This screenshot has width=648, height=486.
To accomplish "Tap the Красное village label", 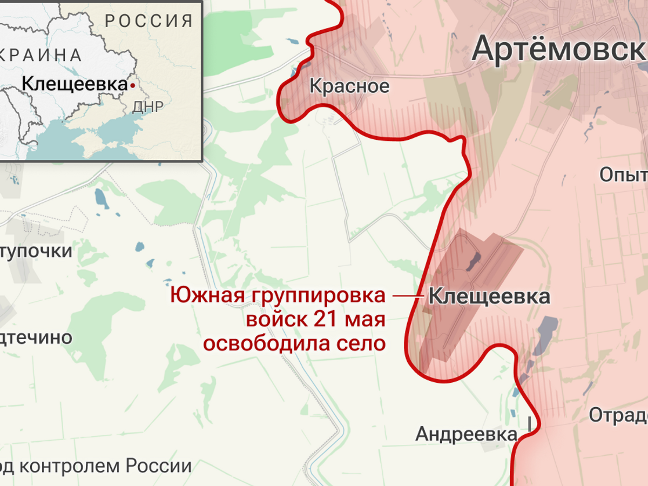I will click(349, 86).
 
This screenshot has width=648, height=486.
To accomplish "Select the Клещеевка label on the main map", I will click(489, 296).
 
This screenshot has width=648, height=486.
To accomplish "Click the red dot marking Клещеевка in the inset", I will click(132, 85).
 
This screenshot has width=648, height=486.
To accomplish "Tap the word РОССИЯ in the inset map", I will click(149, 21).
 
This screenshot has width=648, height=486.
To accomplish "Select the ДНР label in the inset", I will click(147, 106).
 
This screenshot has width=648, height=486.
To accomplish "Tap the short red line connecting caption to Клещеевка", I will click(407, 296).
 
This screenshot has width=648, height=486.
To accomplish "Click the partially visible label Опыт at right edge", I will click(624, 175).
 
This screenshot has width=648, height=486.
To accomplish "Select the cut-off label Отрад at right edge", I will click(618, 415).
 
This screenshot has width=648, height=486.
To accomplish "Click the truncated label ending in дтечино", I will click(36, 337).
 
